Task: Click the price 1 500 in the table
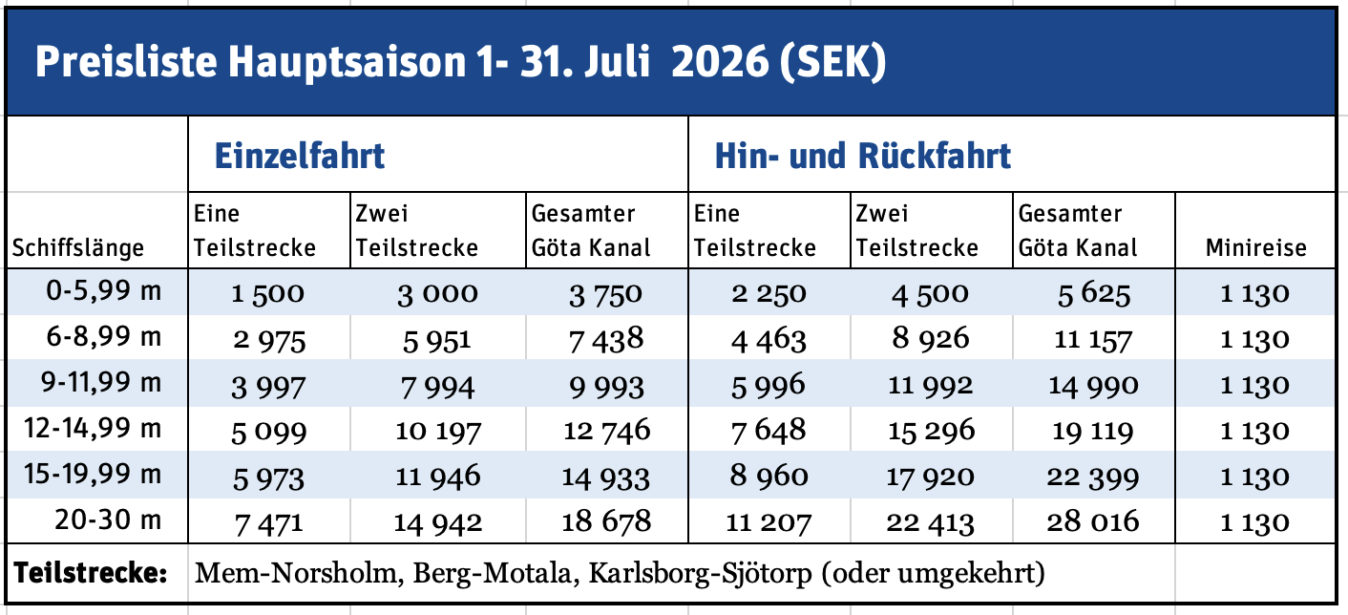[267, 293]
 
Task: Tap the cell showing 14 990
[1093, 385]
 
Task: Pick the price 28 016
[1093, 522]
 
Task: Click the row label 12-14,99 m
[87, 430]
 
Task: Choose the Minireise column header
[1254, 248]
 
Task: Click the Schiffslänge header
[77, 248]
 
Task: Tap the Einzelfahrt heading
[299, 156]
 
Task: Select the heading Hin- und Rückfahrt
[863, 156]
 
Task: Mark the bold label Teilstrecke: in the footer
[91, 574]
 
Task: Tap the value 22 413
[931, 522]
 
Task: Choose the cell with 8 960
[769, 477]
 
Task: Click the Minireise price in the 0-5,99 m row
[1254, 293]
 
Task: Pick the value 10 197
[438, 431]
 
